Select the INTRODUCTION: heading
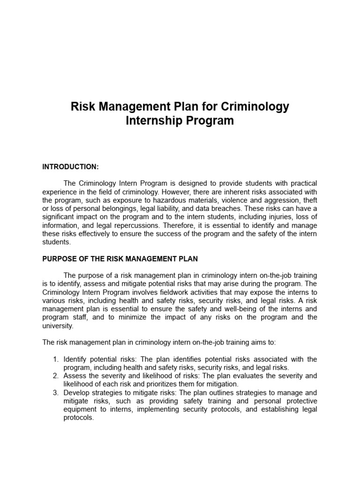pos(70,166)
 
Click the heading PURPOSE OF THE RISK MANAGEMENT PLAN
pos(120,259)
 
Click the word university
pos(58,325)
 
